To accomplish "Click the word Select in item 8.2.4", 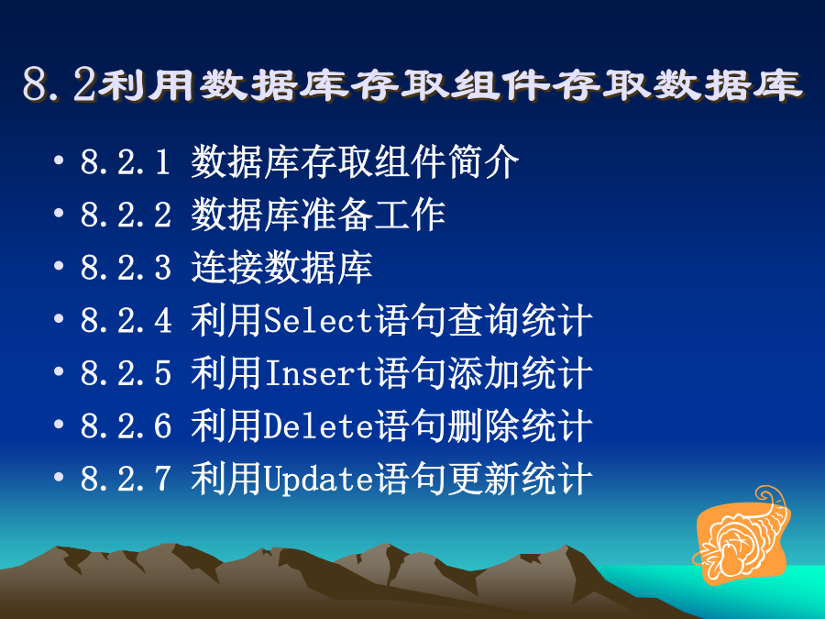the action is coord(318,321).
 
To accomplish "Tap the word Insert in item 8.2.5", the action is coord(318,373).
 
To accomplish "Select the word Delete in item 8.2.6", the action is coord(318,426).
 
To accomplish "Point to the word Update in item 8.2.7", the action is coord(318,480).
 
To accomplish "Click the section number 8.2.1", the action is coord(126,161).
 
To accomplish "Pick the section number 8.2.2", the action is coord(126,215).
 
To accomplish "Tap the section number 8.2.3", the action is coord(126,268).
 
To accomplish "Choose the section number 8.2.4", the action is coord(126,321).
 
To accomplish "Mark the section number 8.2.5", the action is coord(126,373).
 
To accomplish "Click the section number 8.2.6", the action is coord(126,426).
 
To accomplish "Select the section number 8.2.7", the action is coord(126,479).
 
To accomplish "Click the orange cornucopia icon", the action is coord(742,536).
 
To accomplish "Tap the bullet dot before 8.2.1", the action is coord(59,160).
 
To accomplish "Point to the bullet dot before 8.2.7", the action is coord(59,476).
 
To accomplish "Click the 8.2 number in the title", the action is coord(60,85).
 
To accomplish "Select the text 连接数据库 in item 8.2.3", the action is coord(281,268).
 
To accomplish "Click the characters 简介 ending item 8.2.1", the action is coord(483,161).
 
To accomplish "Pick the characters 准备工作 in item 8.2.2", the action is coord(373,215).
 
